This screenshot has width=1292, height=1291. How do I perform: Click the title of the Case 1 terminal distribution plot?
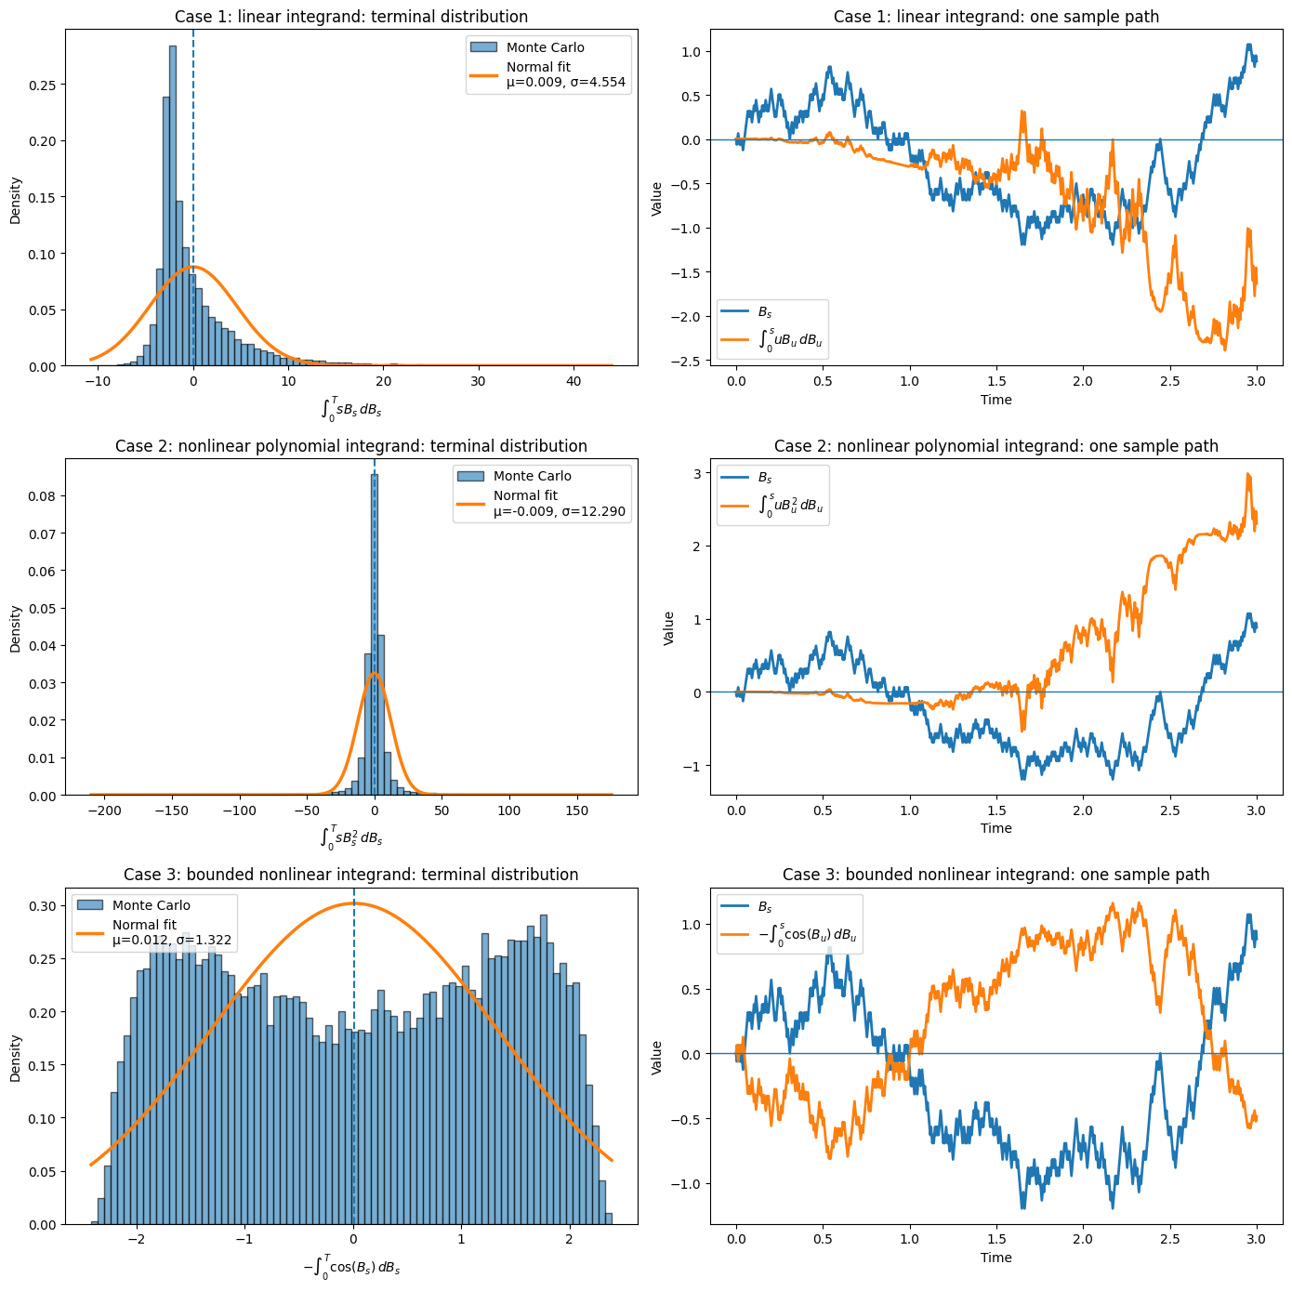[x=351, y=17]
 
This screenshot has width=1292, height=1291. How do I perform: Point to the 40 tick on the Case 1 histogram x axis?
[x=573, y=382]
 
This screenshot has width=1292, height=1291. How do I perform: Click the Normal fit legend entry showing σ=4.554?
[x=565, y=75]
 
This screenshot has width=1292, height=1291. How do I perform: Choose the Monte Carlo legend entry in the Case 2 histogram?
[x=532, y=476]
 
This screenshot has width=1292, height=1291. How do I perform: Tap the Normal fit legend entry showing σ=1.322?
[x=171, y=933]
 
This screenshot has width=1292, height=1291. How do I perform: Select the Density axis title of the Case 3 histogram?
[x=16, y=1057]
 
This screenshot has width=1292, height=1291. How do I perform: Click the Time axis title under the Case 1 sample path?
[x=995, y=400]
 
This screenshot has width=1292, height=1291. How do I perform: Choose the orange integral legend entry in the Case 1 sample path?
[x=790, y=340]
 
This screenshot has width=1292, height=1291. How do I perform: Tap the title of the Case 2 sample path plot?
[x=995, y=446]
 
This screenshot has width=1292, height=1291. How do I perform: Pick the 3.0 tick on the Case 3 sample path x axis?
[x=1256, y=1239]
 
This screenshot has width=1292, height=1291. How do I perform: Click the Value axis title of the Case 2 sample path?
[x=668, y=628]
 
